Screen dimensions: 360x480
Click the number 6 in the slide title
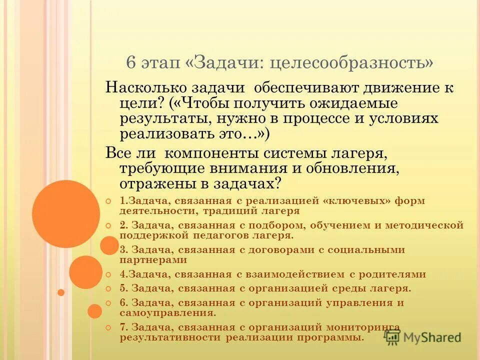(131, 63)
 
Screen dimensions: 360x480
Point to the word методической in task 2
(424, 225)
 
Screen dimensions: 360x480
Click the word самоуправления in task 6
(167, 313)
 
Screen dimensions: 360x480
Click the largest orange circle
(65, 214)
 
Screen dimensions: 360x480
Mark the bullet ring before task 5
(109, 288)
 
